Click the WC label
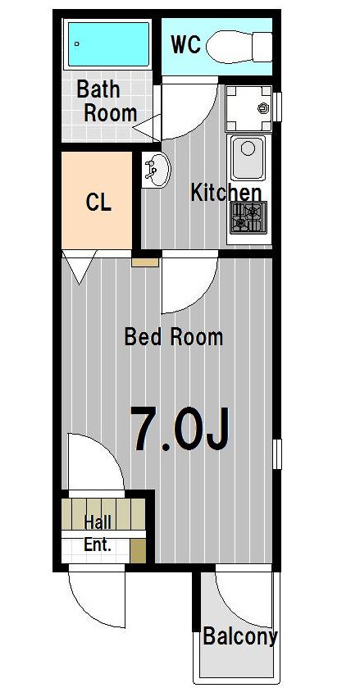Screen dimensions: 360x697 [x=186, y=44]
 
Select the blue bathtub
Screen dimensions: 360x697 [x=108, y=44]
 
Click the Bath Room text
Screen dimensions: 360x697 [x=107, y=101]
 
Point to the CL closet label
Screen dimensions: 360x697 [x=98, y=203]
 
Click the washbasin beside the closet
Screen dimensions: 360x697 [x=157, y=170]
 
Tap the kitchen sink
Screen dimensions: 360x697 [x=248, y=157]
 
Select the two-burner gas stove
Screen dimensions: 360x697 [x=248, y=217]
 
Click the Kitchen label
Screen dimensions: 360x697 [x=226, y=193]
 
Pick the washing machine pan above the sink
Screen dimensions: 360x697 [x=248, y=108]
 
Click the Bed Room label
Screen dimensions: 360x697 [x=173, y=337]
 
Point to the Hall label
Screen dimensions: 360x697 [x=98, y=522]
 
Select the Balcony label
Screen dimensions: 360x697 [x=240, y=636]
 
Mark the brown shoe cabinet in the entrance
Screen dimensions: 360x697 [x=138, y=551]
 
